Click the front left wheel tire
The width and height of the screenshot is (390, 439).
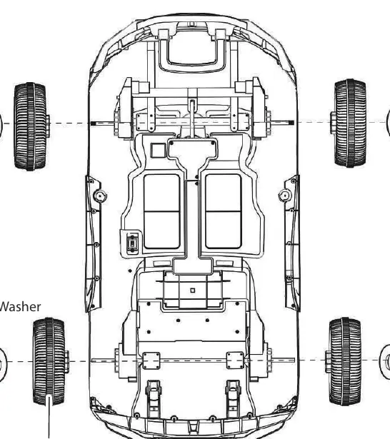(x=30, y=126)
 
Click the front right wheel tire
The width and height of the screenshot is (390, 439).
(x=350, y=123)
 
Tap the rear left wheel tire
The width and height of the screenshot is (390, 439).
(x=49, y=361)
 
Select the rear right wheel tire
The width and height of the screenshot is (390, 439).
(x=345, y=361)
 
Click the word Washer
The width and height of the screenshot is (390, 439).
(x=20, y=307)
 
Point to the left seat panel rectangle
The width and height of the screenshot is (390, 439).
(x=161, y=211)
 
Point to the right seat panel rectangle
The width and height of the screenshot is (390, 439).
(x=224, y=211)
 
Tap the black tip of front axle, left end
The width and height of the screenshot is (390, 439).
(x=94, y=123)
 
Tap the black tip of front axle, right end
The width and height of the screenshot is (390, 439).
(x=291, y=123)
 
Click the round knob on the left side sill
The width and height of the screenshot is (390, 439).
(x=100, y=196)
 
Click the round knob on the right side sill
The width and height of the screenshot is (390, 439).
(x=285, y=196)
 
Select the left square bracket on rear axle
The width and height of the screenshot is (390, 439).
(x=151, y=360)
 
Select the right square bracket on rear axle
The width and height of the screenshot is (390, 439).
(x=235, y=360)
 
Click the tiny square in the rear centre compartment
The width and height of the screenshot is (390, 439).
(x=192, y=291)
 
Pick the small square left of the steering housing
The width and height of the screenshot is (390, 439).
(x=158, y=151)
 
